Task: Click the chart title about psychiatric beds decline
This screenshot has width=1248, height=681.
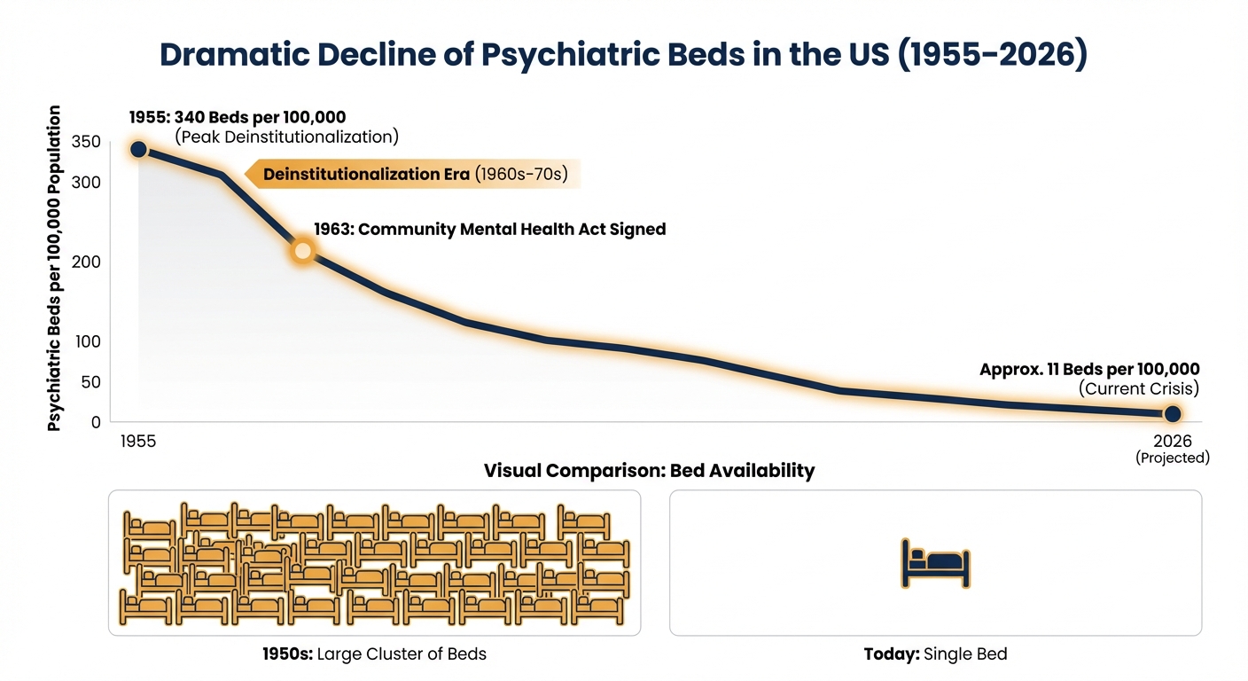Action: [623, 54]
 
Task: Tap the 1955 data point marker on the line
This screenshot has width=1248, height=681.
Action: [138, 149]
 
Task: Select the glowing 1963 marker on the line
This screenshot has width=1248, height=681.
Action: [302, 251]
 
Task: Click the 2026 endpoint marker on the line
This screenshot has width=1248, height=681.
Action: [1172, 413]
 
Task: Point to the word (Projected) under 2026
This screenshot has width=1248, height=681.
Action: [1172, 458]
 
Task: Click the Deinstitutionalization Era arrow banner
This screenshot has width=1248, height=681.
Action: [413, 174]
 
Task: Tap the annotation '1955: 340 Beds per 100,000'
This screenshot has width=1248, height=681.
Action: [238, 117]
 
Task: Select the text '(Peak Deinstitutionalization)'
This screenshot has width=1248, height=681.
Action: [286, 137]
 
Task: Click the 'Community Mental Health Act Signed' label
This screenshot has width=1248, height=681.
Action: [489, 229]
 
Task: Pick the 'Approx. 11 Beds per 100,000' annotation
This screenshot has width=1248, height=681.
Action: [1089, 370]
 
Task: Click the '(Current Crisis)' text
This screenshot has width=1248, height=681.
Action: [1138, 388]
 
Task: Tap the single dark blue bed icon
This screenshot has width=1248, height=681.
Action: [935, 563]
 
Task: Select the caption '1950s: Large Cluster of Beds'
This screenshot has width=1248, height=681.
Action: [374, 654]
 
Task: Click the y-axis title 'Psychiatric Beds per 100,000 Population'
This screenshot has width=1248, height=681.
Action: [55, 268]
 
